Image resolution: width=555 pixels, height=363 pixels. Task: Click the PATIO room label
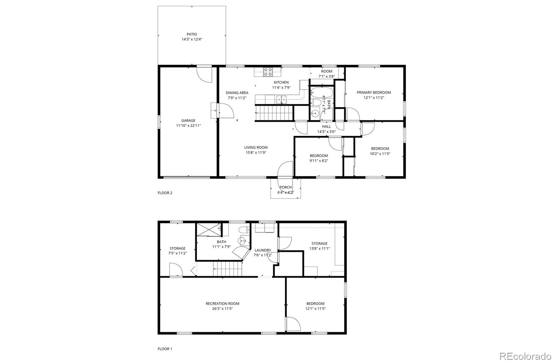(x=192, y=34)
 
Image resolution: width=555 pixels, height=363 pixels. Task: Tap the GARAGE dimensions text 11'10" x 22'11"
(x=188, y=126)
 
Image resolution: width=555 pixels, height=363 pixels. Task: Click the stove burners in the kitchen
(x=267, y=72)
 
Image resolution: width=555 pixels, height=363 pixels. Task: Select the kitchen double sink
(x=281, y=100)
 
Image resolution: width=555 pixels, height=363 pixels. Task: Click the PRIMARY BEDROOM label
(x=374, y=92)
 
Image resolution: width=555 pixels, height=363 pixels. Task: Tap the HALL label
(x=326, y=126)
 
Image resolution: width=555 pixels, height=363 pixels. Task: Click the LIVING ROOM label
(x=256, y=148)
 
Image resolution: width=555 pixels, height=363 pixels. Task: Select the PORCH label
(x=285, y=187)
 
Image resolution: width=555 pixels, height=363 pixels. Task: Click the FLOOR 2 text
(x=165, y=193)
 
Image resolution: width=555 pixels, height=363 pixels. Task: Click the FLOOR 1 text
(x=165, y=349)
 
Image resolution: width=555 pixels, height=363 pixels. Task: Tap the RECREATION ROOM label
(x=222, y=303)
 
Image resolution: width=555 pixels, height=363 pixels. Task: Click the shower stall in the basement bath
(x=208, y=230)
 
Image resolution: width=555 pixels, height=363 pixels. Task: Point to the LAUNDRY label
(x=263, y=250)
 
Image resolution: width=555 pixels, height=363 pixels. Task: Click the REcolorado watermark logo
(x=525, y=356)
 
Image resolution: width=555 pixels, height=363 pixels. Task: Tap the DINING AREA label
(x=237, y=93)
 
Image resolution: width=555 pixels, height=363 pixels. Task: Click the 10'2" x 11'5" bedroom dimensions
(x=380, y=153)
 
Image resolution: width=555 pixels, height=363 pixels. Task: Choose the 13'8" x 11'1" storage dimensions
(x=319, y=248)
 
